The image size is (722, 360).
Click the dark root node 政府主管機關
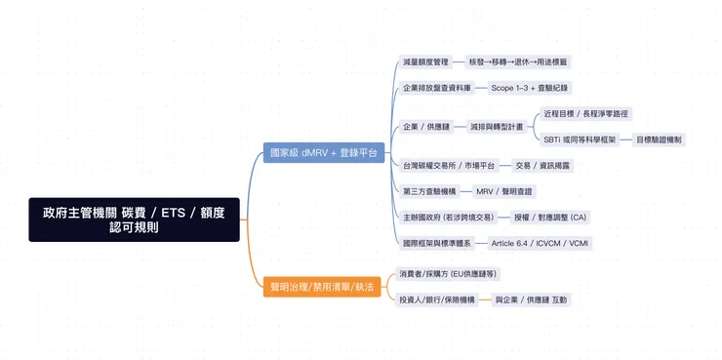(x=134, y=220)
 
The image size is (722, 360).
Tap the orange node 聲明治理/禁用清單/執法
(x=319, y=287)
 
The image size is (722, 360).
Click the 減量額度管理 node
(x=425, y=61)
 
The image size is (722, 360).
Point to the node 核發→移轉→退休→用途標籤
(x=518, y=61)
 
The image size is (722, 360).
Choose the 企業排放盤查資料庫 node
(x=437, y=88)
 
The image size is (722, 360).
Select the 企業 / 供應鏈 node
(x=426, y=127)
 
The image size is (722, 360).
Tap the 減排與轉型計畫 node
(x=497, y=127)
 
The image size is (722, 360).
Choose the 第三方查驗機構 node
(x=429, y=191)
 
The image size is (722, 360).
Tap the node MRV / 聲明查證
(x=505, y=191)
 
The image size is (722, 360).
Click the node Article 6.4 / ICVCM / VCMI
(x=540, y=242)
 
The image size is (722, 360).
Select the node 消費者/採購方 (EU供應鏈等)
(x=441, y=274)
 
